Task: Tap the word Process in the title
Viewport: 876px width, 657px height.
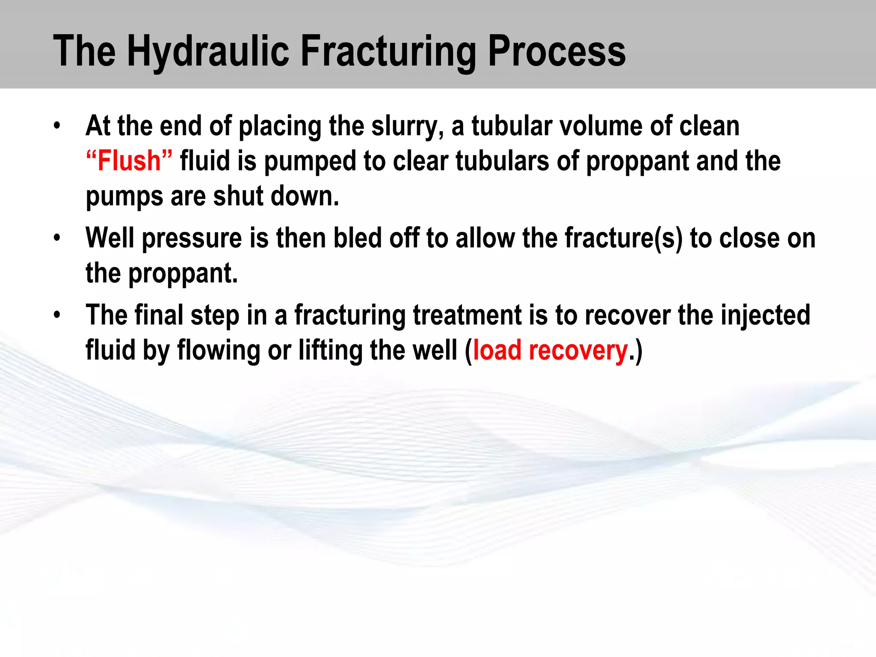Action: tap(556, 51)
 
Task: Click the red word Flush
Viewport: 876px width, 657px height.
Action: tap(129, 161)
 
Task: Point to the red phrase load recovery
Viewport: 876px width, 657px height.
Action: tap(550, 350)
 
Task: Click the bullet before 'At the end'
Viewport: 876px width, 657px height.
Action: tap(57, 127)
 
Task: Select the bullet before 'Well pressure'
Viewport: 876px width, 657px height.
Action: tap(57, 238)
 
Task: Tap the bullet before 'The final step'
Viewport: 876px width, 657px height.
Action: tap(57, 315)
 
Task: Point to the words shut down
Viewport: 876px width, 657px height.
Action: tap(276, 196)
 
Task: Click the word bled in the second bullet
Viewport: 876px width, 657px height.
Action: tap(357, 238)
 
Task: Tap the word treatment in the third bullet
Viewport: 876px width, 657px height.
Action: tap(467, 315)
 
